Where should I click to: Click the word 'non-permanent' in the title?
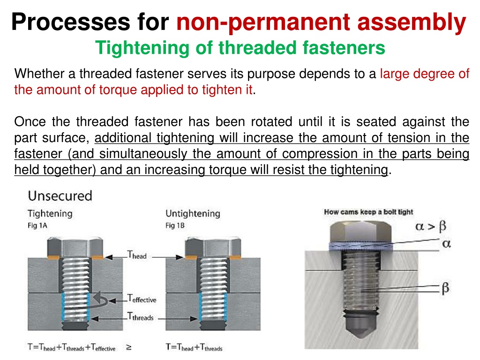click(263, 22)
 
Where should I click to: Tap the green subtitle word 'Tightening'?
click(142, 48)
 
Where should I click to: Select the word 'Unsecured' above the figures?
click(60, 196)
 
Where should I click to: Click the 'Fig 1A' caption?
click(37, 225)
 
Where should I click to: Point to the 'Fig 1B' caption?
click(175, 225)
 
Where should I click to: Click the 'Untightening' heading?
click(193, 213)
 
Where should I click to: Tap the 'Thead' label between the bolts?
click(137, 255)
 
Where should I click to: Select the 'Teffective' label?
click(142, 299)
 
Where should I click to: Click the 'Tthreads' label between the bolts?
click(140, 316)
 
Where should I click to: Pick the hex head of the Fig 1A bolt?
click(75, 247)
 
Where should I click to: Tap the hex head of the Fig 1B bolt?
click(213, 247)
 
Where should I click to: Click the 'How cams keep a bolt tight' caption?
click(368, 212)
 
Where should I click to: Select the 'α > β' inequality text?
click(431, 226)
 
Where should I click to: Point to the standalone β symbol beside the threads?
click(445, 288)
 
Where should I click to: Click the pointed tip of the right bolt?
click(361, 337)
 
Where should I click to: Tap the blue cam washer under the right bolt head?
click(360, 246)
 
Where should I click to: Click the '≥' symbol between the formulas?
click(129, 347)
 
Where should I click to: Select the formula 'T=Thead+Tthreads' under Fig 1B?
click(194, 347)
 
